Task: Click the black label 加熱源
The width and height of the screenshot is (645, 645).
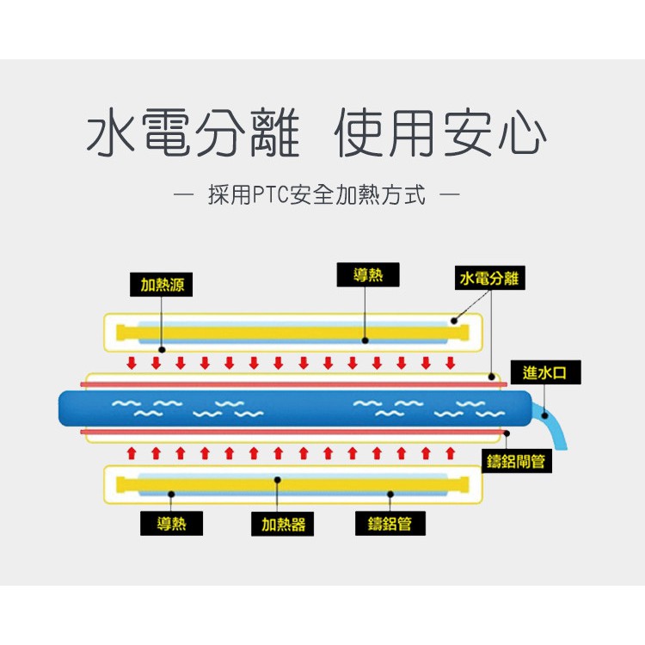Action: tap(161, 285)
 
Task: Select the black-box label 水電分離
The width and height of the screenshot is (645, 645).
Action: tap(489, 279)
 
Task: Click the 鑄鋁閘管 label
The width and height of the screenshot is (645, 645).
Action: tap(515, 461)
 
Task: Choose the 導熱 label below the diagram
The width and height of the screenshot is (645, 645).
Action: tap(171, 523)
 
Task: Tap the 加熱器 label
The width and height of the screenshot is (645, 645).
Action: tap(283, 524)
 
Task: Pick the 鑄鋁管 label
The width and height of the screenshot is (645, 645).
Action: tap(390, 524)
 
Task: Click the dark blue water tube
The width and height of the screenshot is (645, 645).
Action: tap(292, 408)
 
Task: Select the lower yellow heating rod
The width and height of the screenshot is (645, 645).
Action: tap(292, 484)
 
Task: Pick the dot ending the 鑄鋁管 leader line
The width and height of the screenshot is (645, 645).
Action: tap(390, 494)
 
